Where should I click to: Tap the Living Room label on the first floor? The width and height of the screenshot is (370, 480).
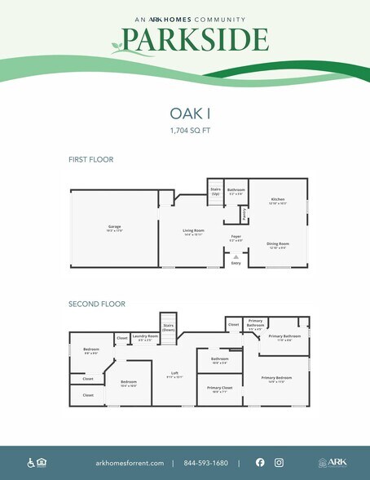point(192,232)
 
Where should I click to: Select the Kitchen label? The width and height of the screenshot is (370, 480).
point(278,199)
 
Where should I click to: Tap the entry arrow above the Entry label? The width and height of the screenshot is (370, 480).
point(236,256)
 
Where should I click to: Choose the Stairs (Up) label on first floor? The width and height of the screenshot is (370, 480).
point(216,192)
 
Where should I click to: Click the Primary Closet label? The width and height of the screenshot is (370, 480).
point(219,388)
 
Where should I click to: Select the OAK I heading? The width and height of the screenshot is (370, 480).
point(185,114)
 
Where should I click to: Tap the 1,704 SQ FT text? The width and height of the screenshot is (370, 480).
point(185,130)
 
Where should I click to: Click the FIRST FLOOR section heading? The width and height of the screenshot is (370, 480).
point(90,159)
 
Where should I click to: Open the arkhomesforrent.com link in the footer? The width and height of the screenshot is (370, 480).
point(129,462)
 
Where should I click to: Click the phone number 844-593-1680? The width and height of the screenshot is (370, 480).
point(205,462)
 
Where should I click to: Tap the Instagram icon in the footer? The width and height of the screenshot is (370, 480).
point(279,462)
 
